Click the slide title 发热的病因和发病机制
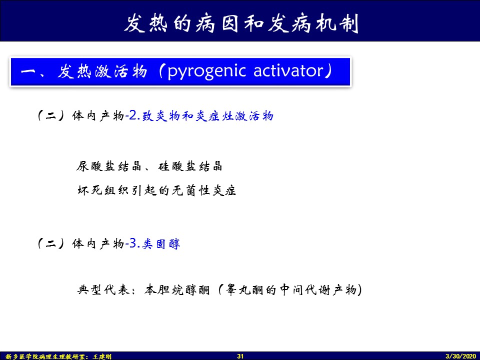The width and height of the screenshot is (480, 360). coord(241,23)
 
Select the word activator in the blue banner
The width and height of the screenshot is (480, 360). coord(288,70)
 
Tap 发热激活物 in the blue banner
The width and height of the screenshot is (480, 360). coord(102,71)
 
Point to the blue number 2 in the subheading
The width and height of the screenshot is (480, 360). coord(132,115)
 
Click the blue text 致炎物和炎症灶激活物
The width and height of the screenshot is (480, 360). coord(207,116)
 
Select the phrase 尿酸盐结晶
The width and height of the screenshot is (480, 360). coord(108,166)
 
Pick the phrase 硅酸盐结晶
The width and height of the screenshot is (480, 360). coord(190,166)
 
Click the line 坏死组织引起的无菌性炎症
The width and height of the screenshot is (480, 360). coord(156,190)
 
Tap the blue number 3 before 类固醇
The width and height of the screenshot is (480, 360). coord(132,243)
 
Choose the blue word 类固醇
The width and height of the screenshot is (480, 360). coord(161,243)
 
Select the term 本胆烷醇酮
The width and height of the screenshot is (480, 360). coord(177,289)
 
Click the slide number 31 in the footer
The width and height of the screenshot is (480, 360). coord(240,356)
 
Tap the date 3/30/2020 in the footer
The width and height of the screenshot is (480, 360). coord(460,356)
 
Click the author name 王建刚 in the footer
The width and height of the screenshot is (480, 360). coord(102,356)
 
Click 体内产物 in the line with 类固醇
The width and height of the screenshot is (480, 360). coord(98,243)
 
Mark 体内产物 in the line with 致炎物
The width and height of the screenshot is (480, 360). coord(98,116)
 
